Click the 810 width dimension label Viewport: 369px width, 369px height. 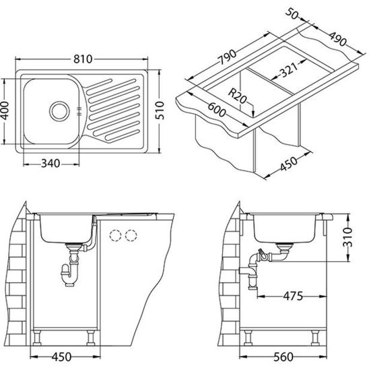83,59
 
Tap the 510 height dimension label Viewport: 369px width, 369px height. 160,110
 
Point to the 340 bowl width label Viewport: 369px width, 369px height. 51,163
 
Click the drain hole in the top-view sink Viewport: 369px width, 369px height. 59,111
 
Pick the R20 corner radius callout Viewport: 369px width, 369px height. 237,96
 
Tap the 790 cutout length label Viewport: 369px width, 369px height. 228,57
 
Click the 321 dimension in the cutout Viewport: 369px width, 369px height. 289,69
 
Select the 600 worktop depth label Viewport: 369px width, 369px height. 217,110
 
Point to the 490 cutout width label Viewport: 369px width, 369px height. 338,38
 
